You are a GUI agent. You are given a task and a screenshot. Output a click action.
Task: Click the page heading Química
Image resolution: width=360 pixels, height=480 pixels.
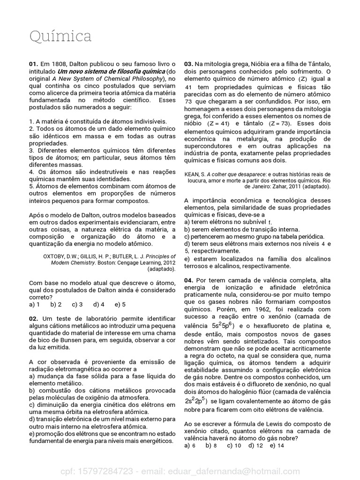[60, 37]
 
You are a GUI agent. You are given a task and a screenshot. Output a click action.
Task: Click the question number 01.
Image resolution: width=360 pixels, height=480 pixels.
[33, 64]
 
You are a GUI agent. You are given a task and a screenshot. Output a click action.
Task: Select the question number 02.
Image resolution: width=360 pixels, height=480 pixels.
[34, 319]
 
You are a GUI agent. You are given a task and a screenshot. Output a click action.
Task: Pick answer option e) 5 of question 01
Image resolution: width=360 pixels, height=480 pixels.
[120, 304]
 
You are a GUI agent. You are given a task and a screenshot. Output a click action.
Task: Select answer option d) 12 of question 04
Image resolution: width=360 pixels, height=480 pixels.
[255, 445]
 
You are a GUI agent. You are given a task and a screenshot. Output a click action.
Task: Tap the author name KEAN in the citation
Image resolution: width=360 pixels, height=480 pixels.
[193, 173]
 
